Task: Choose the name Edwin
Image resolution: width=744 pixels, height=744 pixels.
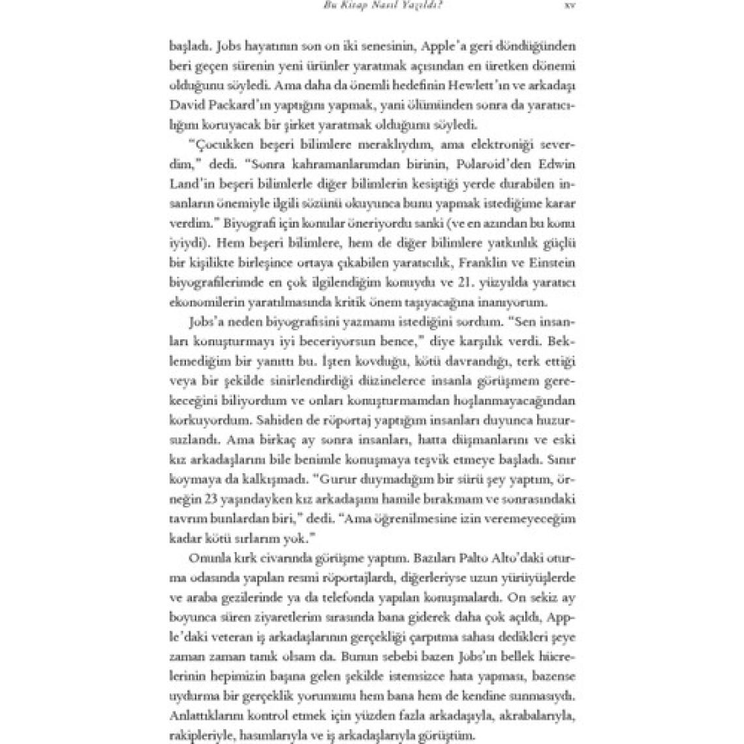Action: click(x=555, y=163)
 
